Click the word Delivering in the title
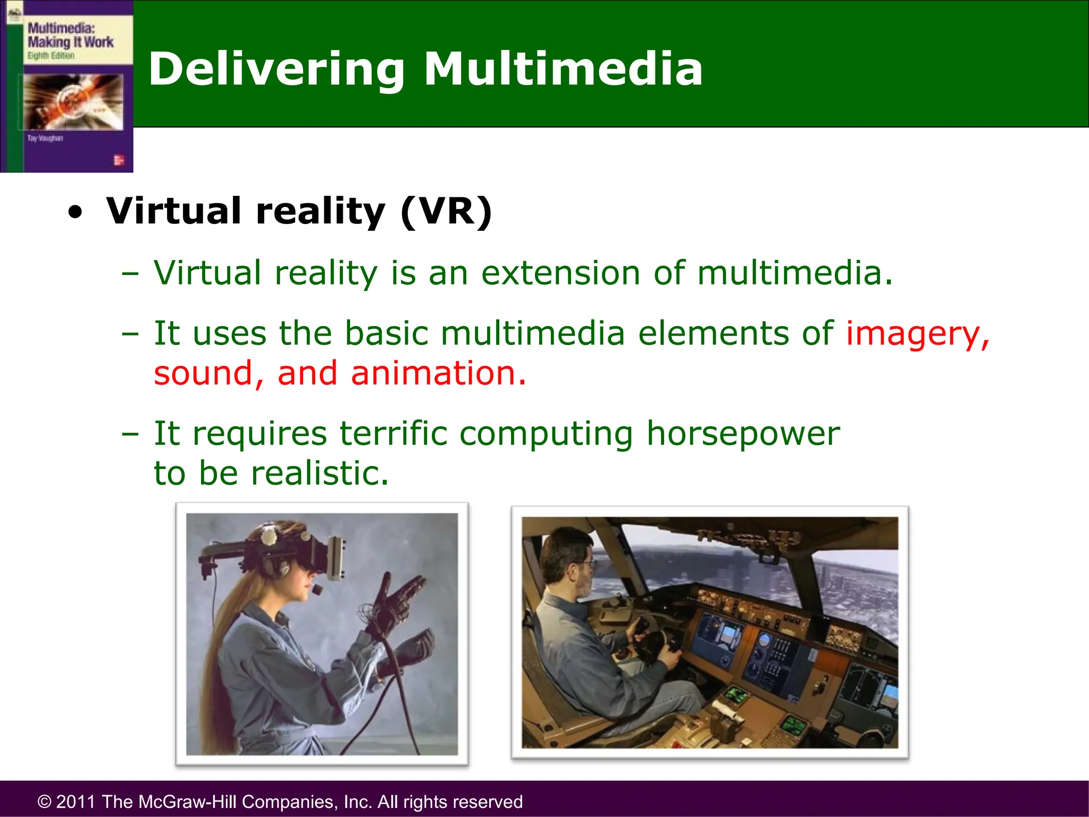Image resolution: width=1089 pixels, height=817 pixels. pos(277,69)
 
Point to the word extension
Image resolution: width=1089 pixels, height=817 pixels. pos(560,273)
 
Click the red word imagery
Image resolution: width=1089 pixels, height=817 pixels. pos(917,334)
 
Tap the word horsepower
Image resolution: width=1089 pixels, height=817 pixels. pos(743,433)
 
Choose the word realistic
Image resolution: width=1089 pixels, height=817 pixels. pos(320,473)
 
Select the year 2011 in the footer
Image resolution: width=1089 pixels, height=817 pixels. pos(76,802)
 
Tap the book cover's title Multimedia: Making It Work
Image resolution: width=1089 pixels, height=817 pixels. pos(70,35)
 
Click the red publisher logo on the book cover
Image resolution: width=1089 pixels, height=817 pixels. pos(119,160)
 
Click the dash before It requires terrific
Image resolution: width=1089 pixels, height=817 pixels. pos(130,433)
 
